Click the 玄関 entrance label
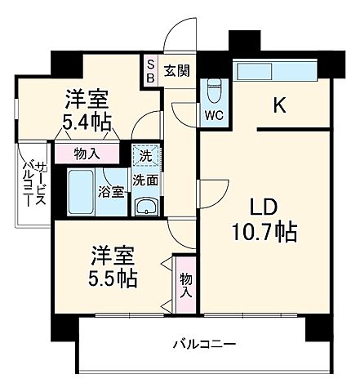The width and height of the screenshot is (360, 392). click(x=176, y=70)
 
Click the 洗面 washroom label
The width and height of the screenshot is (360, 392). click(x=145, y=180)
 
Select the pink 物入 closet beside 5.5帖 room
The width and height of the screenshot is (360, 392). click(x=185, y=285)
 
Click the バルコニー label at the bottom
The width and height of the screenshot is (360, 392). click(x=204, y=343)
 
